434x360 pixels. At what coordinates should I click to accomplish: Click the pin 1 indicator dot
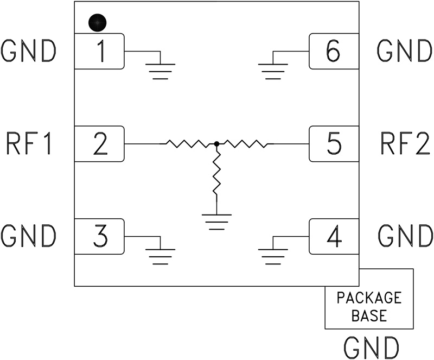[x=98, y=23]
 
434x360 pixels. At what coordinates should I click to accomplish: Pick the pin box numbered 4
[x=334, y=236]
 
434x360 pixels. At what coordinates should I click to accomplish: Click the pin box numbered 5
[x=334, y=144]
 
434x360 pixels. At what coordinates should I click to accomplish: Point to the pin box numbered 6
[x=334, y=51]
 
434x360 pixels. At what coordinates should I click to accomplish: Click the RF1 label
[x=30, y=144]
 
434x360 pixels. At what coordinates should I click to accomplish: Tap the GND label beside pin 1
[x=29, y=51]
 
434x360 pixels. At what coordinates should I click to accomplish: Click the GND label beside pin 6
[x=404, y=51]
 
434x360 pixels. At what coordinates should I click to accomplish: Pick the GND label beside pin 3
[x=29, y=236]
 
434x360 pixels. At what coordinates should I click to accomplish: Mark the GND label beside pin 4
[x=404, y=236]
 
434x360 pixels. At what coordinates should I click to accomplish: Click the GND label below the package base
[x=372, y=346]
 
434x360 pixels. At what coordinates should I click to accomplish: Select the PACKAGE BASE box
[x=369, y=306]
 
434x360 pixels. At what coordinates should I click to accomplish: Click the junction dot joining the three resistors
[x=216, y=144]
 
